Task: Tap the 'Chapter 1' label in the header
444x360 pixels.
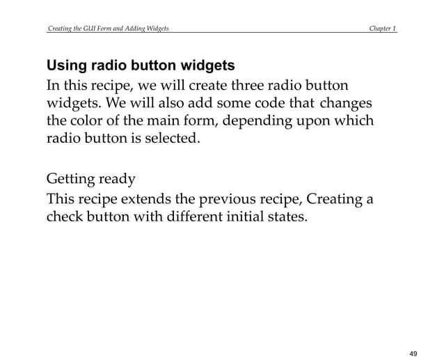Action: coord(383,29)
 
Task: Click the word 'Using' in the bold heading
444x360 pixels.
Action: coord(65,67)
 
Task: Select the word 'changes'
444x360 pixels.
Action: coord(347,104)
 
